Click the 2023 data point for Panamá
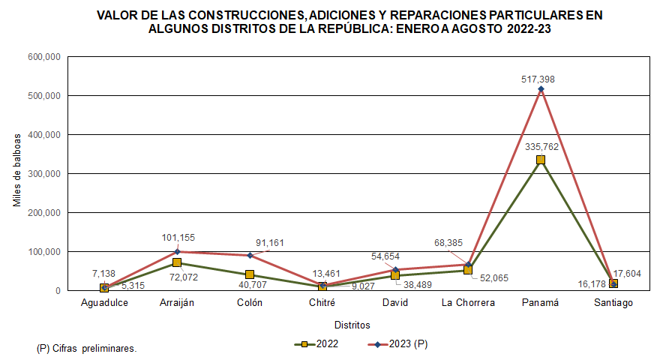point(541,89)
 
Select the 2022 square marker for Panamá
point(541,160)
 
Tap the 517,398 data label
point(541,79)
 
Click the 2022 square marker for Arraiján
point(177,262)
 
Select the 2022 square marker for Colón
point(250,274)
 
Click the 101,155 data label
point(178,238)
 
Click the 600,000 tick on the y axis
point(43,57)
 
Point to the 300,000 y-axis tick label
point(43,173)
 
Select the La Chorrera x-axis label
point(468,303)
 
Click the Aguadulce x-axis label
point(104,303)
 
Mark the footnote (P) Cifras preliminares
point(86,349)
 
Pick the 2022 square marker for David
point(395,275)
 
